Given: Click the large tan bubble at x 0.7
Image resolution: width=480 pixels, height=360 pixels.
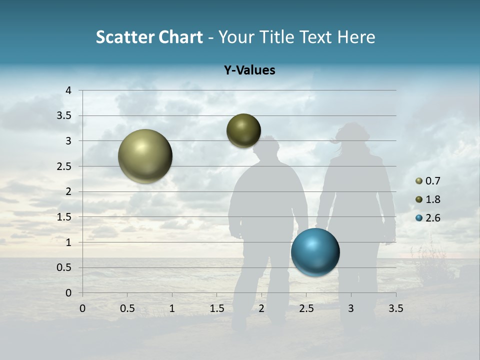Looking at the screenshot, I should click(145, 156).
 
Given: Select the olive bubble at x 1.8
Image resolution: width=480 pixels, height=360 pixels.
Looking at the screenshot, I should click(243, 130).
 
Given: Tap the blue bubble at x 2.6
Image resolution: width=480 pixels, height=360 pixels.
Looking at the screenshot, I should click(315, 252).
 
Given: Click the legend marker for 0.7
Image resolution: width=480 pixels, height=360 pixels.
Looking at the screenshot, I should click(419, 181).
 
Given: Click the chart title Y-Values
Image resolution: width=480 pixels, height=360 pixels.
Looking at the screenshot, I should click(249, 70).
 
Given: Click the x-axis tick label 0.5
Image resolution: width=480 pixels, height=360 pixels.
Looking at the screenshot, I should click(127, 308).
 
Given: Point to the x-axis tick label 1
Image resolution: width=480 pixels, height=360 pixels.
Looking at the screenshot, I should click(172, 308).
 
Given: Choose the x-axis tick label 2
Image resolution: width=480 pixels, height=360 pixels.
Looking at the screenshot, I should click(261, 308).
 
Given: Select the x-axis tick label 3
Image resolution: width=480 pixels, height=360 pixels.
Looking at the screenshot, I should click(351, 308).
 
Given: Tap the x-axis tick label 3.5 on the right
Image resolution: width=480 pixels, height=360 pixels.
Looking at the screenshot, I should click(395, 308).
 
